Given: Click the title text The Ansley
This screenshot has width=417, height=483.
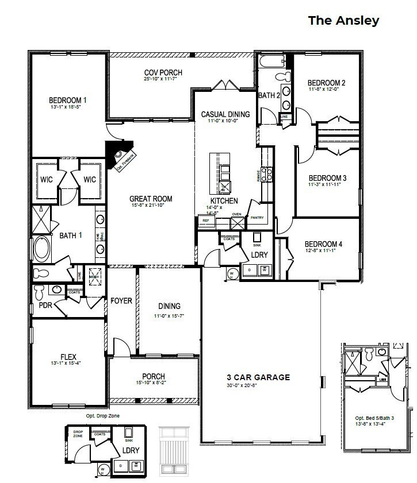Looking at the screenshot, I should pyautogui.click(x=343, y=21).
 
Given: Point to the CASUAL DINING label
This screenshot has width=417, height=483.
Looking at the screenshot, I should pyautogui.click(x=225, y=114).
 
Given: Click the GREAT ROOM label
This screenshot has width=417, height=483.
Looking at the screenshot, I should pyautogui.click(x=151, y=199).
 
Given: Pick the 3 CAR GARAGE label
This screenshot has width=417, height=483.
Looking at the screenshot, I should pyautogui.click(x=258, y=377).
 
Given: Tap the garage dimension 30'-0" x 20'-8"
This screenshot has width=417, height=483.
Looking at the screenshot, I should pyautogui.click(x=258, y=385).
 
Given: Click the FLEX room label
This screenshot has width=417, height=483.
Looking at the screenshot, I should pyautogui.click(x=68, y=356).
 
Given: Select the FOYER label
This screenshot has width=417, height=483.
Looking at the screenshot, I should pyautogui.click(x=121, y=300).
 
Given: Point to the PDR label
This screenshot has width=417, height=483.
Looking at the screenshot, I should pyautogui.click(x=45, y=306).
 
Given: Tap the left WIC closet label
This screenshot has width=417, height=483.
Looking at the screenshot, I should pyautogui.click(x=47, y=180).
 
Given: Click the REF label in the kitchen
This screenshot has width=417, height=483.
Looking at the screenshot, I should pyautogui.click(x=204, y=219).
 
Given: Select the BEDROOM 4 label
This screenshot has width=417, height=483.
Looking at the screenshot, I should pyautogui.click(x=323, y=244).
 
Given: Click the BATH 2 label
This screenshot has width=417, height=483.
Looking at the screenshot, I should pyautogui.click(x=269, y=95).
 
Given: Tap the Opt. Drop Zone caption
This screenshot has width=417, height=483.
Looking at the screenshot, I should pyautogui.click(x=103, y=415).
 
